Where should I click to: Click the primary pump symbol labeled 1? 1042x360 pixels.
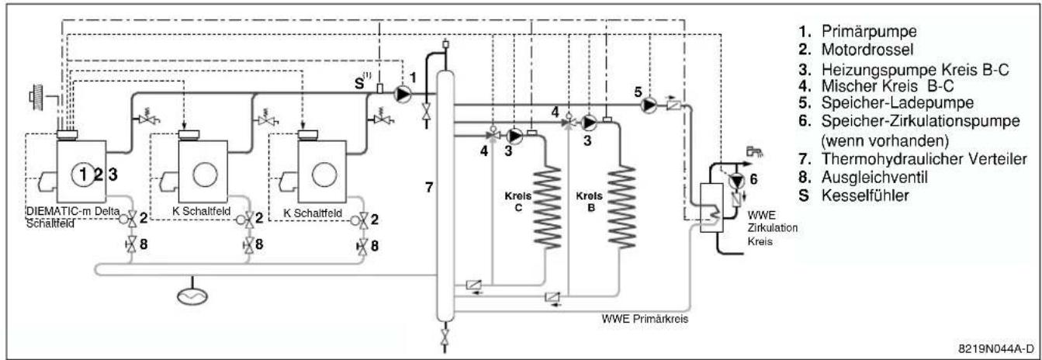pos(403,95)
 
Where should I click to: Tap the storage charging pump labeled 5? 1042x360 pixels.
pos(649,105)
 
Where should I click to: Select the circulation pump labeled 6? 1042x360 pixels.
pos(736,181)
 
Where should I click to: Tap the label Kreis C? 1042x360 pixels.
pos(518,202)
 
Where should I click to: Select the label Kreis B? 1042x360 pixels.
pos(589,202)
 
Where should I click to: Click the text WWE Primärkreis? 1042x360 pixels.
pos(645,319)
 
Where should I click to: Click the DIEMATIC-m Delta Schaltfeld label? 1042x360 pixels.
pos(73,216)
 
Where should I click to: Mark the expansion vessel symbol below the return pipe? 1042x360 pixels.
pos(192,296)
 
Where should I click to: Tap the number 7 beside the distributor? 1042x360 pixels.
pos(429,187)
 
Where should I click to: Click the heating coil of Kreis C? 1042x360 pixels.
pos(547,208)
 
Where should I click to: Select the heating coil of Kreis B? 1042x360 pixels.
pos(621,207)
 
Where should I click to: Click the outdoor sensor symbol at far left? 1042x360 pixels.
pos(36,97)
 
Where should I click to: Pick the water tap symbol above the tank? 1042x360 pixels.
pos(753,151)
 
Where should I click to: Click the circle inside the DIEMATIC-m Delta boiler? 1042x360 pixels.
pos(83,175)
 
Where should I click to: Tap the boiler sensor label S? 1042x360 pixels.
pos(359,84)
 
